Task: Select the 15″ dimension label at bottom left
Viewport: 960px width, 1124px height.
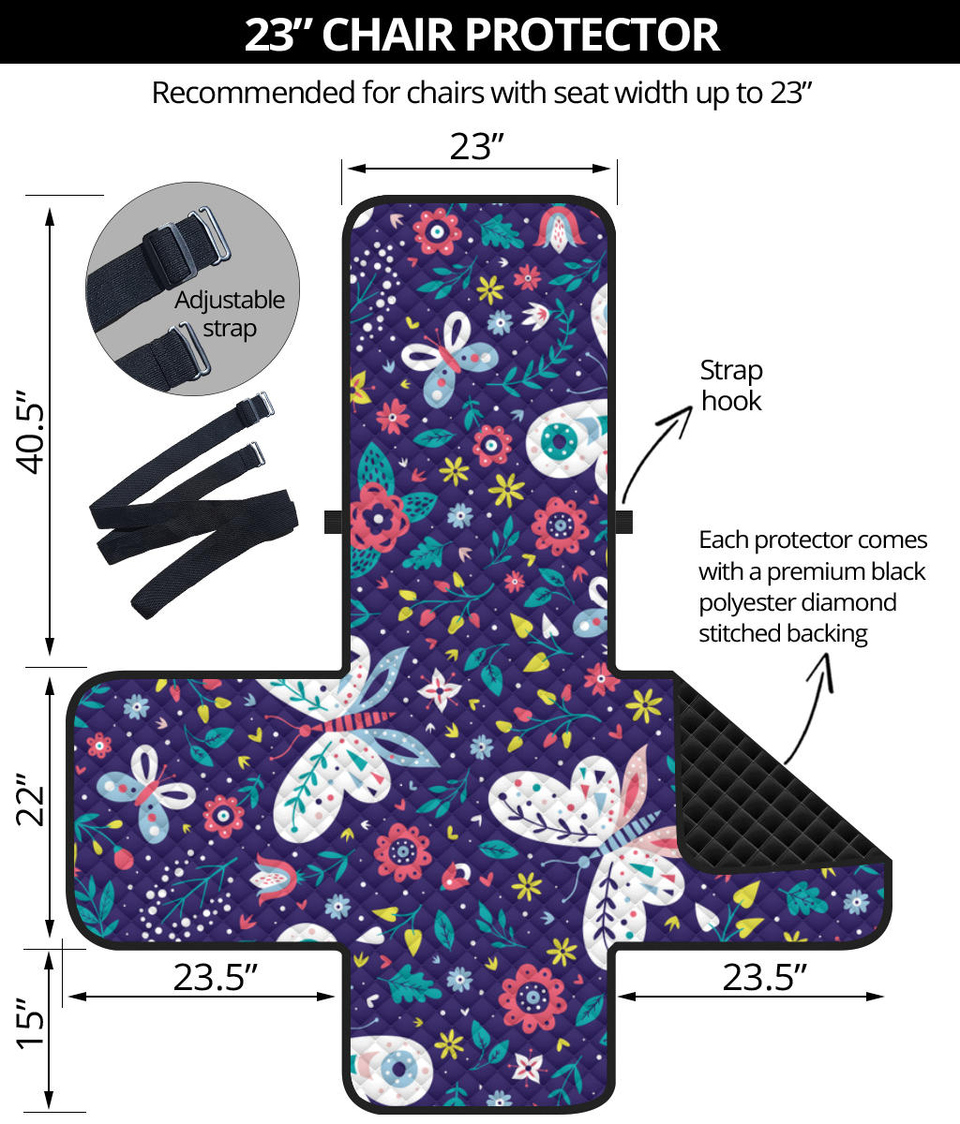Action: pos(30,1023)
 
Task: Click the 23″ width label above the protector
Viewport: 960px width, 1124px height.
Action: pos(477,147)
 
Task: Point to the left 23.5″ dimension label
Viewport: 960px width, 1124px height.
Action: pos(215,977)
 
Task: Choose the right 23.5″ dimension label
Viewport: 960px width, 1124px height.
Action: pos(764,977)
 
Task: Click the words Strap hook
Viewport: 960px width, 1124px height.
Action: pos(731,386)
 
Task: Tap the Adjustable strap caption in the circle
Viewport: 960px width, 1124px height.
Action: pos(230,315)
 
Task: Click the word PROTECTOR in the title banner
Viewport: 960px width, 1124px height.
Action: pos(592,35)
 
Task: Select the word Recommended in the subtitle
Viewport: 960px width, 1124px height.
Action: pos(254,93)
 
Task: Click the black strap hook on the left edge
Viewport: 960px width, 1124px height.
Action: pos(333,522)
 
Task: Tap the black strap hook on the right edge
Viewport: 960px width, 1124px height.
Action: pos(623,522)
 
